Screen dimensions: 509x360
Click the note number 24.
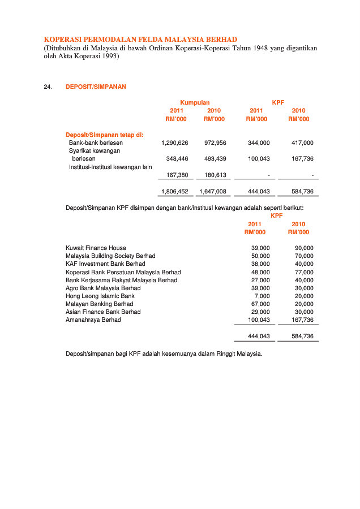point(48,87)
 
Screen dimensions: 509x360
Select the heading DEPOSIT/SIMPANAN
point(96,87)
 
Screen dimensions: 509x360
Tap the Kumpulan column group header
point(195,102)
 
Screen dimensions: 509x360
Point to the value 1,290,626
point(174,143)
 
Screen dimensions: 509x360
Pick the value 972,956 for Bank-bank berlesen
point(215,143)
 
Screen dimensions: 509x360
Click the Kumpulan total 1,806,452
point(174,192)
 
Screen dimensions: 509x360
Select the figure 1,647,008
point(213,192)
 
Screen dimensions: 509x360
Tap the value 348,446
point(177,159)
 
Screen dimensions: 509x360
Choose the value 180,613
point(215,175)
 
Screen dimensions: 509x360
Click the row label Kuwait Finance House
point(96,248)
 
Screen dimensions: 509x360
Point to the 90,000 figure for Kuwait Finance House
point(304,248)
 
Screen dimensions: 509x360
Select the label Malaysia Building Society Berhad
point(110,256)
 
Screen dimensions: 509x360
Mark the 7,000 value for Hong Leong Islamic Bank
point(262,296)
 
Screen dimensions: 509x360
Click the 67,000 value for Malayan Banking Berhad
point(260,304)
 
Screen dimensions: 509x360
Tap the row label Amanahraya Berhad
point(93,320)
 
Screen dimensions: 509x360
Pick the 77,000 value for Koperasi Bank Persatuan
point(304,272)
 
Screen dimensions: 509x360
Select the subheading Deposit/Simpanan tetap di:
point(105,135)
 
